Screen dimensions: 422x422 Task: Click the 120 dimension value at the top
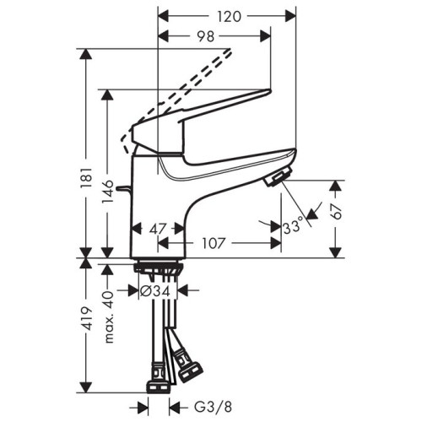230,17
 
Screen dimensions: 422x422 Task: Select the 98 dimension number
205,36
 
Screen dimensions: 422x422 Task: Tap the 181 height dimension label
87,177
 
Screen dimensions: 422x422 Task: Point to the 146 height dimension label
108,192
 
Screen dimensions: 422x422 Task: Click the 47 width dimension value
158,230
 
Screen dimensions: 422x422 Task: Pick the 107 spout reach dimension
214,243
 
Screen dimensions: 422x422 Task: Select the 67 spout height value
336,211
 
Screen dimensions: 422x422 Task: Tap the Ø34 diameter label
155,291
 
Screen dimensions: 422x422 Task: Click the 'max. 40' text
108,317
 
